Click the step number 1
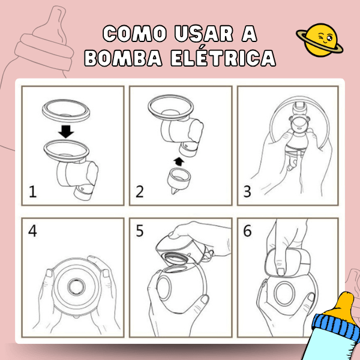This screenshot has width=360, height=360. click(x=33, y=192)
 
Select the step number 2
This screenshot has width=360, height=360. click(x=140, y=192)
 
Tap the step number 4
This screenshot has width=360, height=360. click(x=33, y=231)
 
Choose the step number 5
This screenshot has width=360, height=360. click(x=140, y=231)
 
